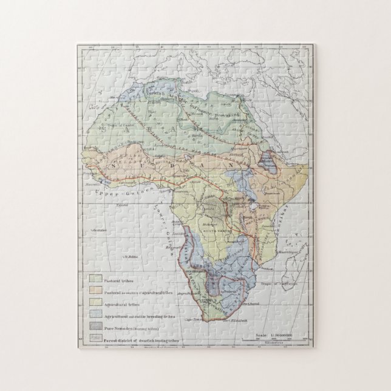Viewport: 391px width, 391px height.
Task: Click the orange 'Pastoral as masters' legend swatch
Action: tap(95, 293)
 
